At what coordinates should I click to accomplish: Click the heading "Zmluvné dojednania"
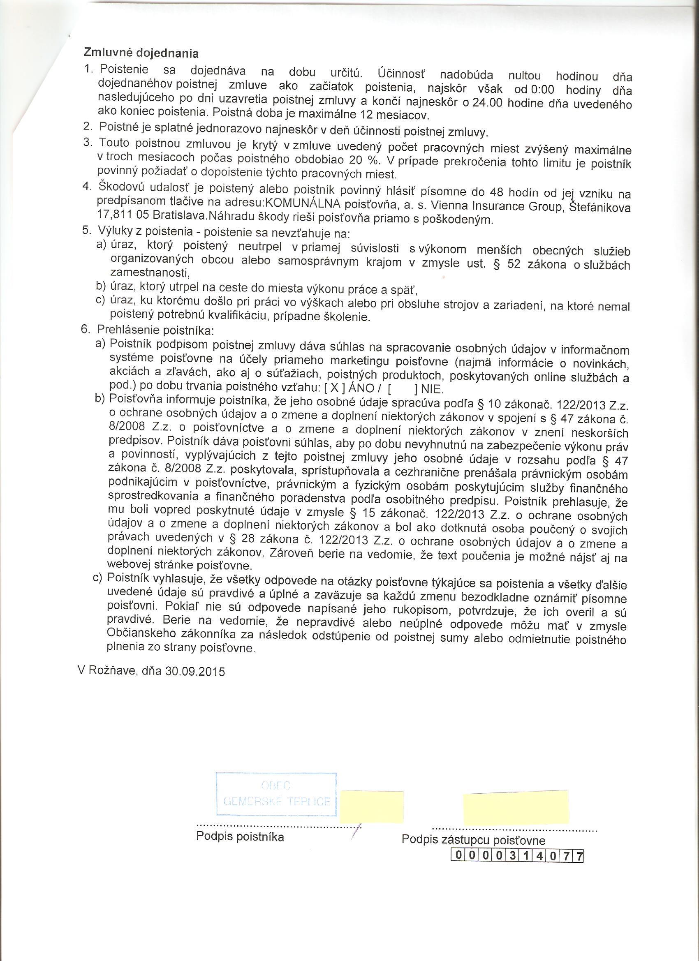[141, 53]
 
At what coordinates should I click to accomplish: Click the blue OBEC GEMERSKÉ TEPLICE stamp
[276, 794]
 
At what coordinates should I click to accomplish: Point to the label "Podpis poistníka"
[240, 836]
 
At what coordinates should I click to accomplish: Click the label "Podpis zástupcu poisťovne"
[473, 840]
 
